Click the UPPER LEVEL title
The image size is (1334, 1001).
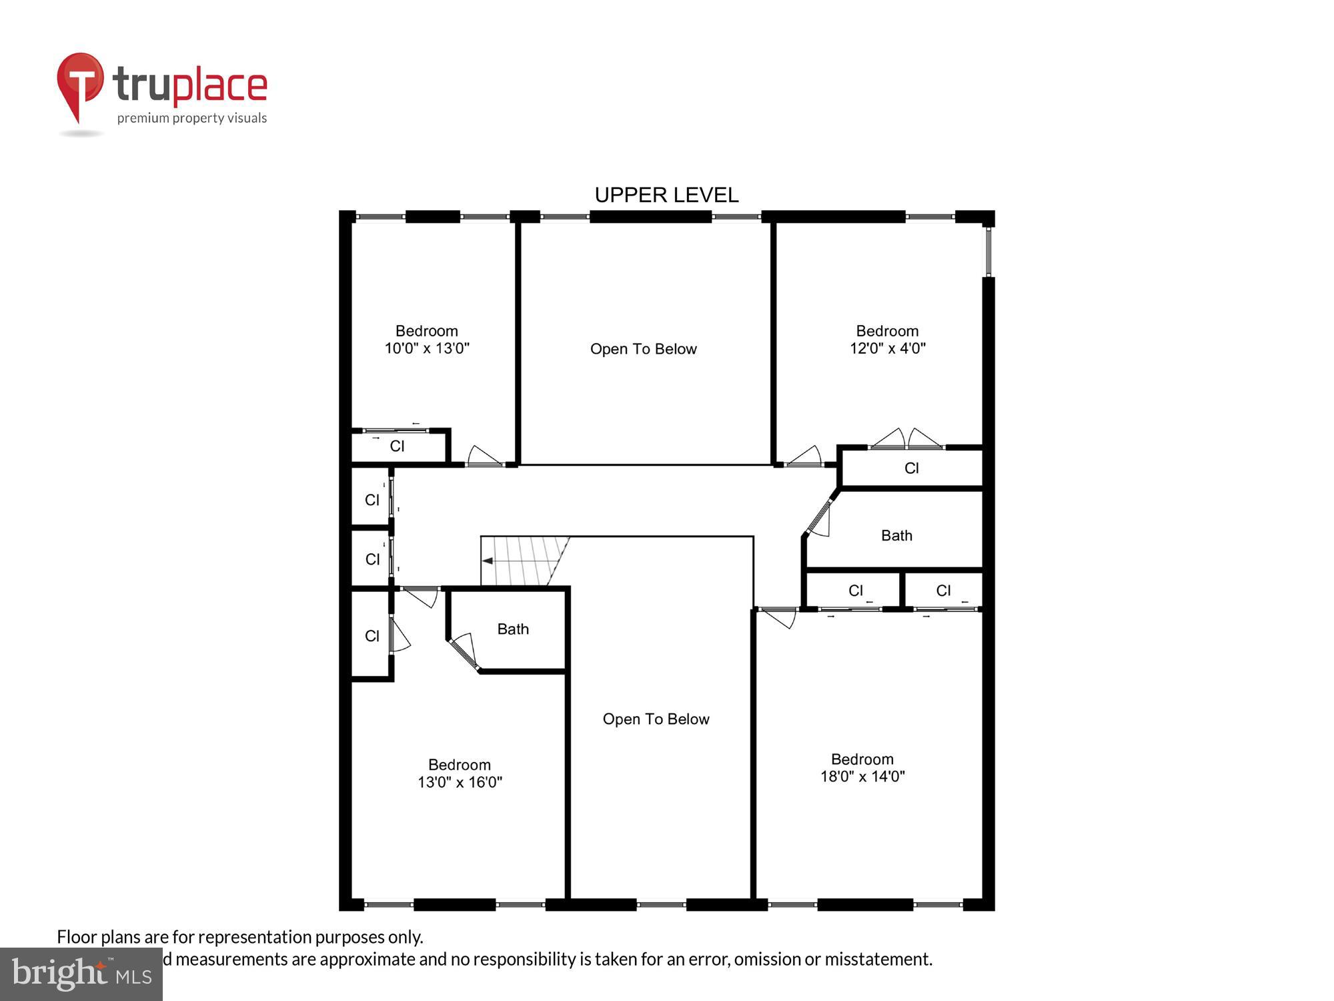[666, 195]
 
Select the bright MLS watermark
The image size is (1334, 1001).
[81, 974]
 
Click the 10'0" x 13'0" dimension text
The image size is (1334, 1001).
[427, 348]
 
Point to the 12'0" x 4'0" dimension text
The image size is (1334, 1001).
[887, 348]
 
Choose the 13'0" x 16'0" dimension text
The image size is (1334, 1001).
[460, 782]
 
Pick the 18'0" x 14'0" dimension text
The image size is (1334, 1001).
[862, 777]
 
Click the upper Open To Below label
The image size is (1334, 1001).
[643, 349]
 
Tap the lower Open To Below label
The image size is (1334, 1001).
[656, 719]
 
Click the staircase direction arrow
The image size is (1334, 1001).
[488, 561]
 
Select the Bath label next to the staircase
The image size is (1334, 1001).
[513, 629]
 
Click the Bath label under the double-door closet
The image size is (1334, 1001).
[896, 536]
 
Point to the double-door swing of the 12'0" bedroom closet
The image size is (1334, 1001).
[906, 439]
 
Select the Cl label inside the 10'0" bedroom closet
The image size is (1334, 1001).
[397, 446]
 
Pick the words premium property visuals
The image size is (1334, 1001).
[192, 119]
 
